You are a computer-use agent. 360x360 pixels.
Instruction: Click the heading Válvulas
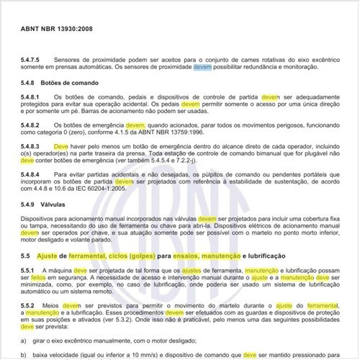[x=58, y=204]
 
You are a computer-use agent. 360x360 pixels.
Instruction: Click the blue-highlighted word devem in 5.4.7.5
[x=202, y=66]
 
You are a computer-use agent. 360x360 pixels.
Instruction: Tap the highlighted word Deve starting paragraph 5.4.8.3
[x=61, y=147]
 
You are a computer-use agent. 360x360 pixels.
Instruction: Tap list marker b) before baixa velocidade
[x=24, y=354]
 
